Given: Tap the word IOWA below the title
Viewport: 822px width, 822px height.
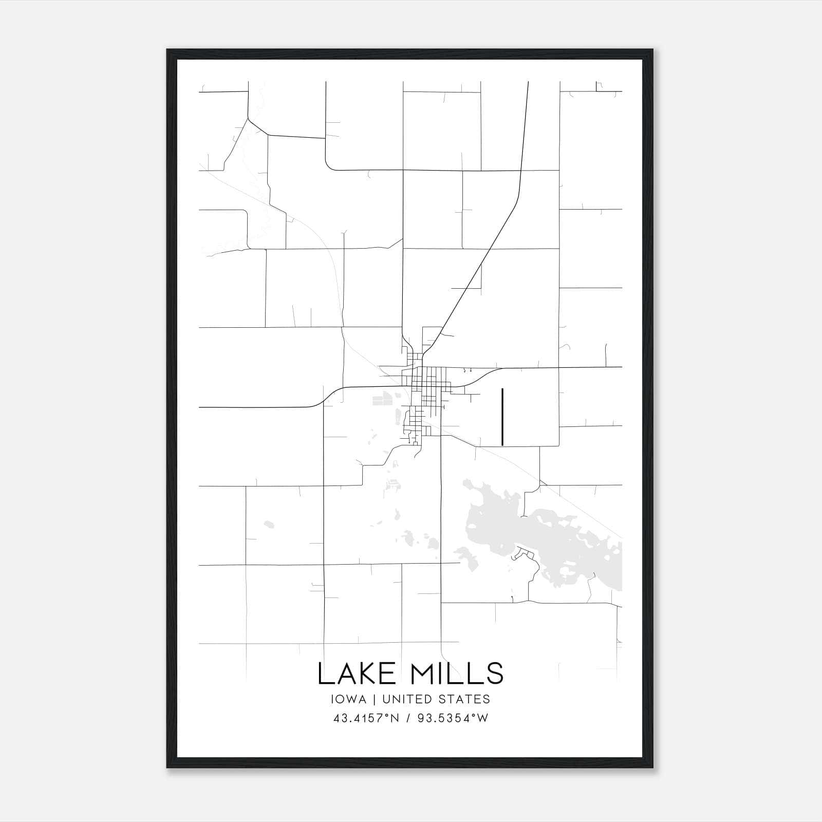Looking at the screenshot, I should click(349, 699).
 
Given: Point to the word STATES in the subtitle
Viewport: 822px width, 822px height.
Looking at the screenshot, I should click(465, 699).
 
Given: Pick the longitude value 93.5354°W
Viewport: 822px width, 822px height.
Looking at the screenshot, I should click(452, 718).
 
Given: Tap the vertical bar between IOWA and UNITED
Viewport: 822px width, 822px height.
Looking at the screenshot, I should click(375, 699).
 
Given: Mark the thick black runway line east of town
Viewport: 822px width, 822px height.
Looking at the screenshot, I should click(502, 416).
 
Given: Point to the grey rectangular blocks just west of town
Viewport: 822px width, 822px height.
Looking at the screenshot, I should click(381, 399).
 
